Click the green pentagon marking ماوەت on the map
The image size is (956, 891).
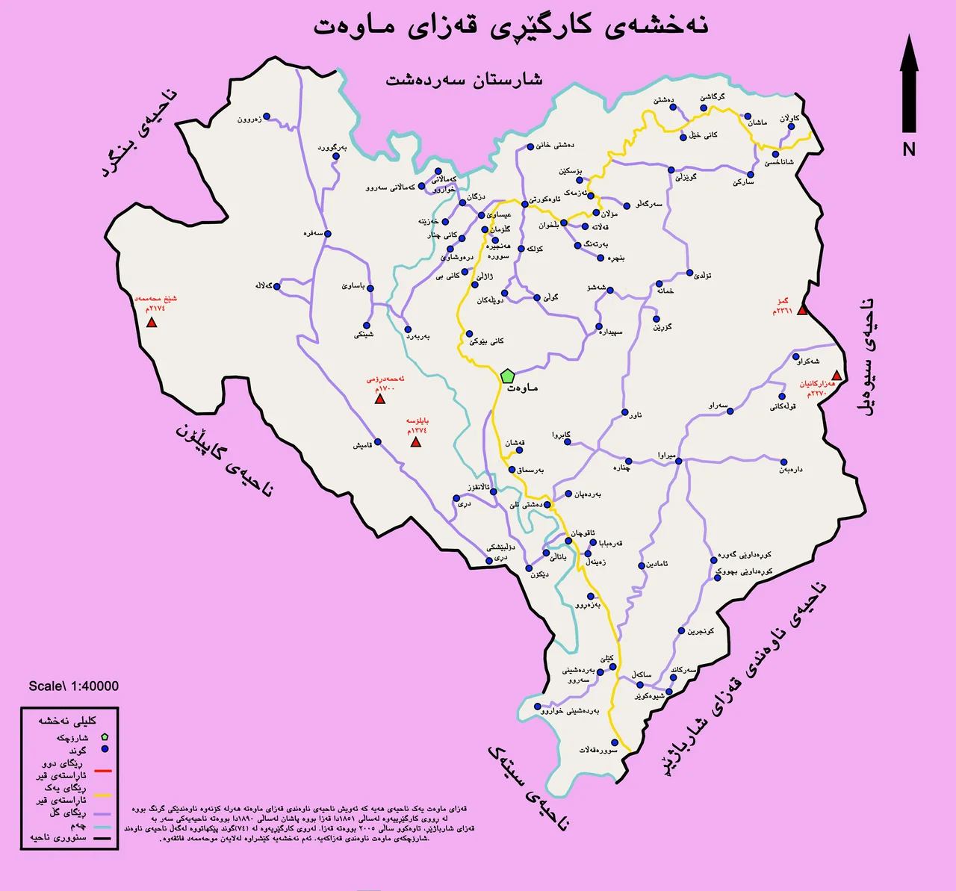coord(507,376)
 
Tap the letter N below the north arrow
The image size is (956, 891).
coord(908,149)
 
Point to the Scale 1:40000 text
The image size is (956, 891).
coord(73,686)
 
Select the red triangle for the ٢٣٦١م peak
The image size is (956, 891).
coord(802,310)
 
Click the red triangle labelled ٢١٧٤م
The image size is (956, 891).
coord(152,323)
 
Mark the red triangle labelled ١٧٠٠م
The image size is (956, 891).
coord(379,399)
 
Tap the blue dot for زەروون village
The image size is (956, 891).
coord(267,117)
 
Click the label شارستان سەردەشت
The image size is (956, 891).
coord(464,79)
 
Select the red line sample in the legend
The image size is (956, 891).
coord(103,770)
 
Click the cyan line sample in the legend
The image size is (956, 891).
coord(103,827)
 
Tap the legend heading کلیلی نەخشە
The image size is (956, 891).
coord(67,721)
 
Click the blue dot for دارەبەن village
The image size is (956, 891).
coord(784,462)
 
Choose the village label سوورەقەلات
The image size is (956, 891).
coord(598,749)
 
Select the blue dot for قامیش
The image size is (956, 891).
coord(377,442)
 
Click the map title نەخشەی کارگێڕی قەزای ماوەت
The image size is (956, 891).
coord(510,25)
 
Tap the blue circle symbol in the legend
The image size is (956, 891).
coord(105,749)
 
